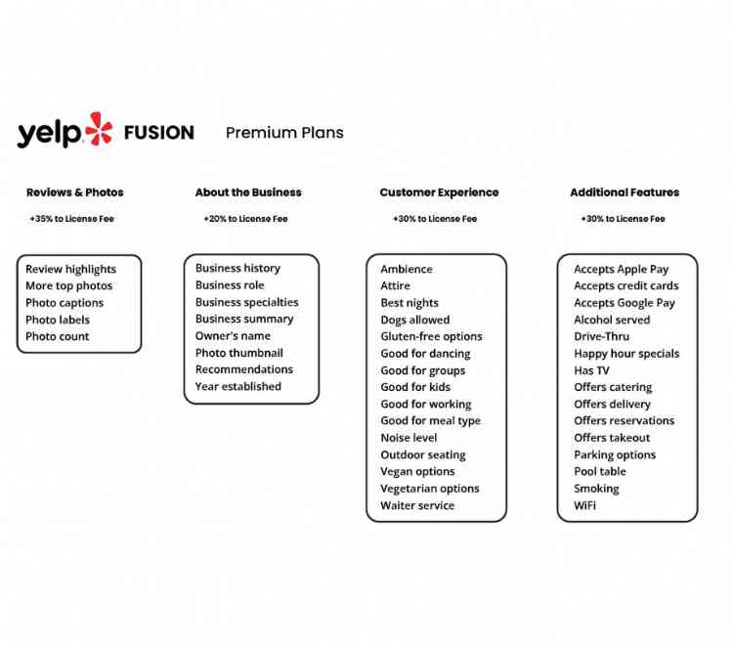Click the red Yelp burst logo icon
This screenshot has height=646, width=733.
tap(98, 129)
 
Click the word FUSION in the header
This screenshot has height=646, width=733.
tap(159, 132)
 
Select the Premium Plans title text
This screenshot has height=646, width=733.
tap(284, 133)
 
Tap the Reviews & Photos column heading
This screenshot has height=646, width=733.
tap(75, 193)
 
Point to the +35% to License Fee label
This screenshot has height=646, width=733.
tap(71, 219)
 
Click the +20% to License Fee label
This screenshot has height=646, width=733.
tap(245, 219)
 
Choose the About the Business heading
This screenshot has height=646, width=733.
tap(248, 193)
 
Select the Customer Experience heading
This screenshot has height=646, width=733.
tap(439, 193)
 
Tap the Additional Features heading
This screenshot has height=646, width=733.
tap(625, 193)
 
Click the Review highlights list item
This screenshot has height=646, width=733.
tap(70, 269)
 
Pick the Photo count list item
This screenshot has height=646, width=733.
tap(57, 336)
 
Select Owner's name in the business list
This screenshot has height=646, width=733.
tap(233, 335)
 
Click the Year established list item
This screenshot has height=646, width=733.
tap(237, 386)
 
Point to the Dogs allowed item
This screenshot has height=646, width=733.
tap(415, 320)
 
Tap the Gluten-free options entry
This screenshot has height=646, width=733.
tap(431, 336)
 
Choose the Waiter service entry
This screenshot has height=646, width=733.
tap(417, 505)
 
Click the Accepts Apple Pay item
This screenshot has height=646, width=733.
tap(621, 269)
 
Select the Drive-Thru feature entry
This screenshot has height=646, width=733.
tap(601, 336)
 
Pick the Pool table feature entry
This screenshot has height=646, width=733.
tap(599, 471)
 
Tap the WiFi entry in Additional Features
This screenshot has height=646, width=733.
tap(584, 505)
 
